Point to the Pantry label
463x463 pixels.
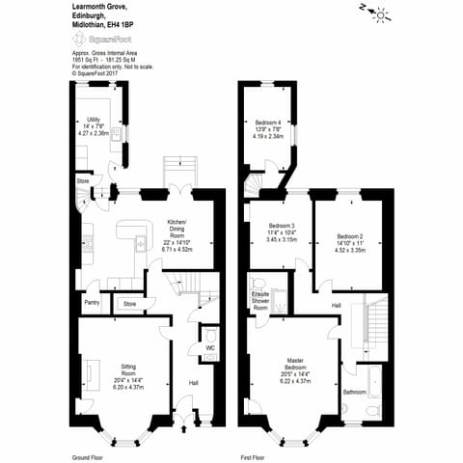pos(92,303)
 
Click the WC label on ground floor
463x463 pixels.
pos(209,347)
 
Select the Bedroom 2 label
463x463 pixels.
pos(349,236)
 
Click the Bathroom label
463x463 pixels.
pos(355,392)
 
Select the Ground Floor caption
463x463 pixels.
pos(87,456)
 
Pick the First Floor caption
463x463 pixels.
pos(253,456)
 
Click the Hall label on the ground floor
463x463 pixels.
pos(193,382)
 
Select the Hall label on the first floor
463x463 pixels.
pos(336,305)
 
